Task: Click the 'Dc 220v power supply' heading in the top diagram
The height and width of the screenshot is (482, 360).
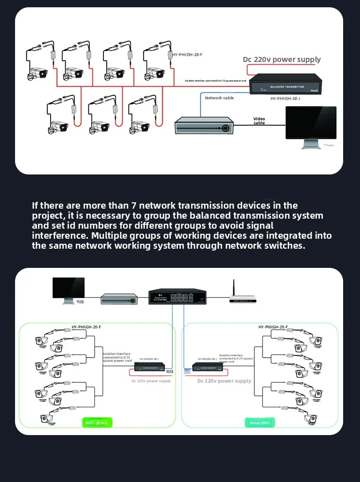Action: [282, 60]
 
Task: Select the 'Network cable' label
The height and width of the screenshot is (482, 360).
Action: [219, 98]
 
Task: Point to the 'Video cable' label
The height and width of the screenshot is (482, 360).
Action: [259, 121]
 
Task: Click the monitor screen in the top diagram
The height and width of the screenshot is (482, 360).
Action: [310, 123]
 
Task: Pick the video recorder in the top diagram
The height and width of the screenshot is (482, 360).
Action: [204, 126]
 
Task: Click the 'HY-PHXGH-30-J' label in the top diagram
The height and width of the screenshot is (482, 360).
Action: [285, 98]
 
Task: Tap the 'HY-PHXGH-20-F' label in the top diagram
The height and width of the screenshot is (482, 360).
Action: [187, 55]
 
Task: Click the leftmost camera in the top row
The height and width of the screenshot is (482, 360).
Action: [36, 72]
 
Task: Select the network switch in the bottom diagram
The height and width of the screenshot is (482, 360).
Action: [177, 297]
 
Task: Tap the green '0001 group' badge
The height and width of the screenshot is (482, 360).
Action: [97, 422]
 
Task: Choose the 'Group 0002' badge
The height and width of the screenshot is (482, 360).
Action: [260, 423]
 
